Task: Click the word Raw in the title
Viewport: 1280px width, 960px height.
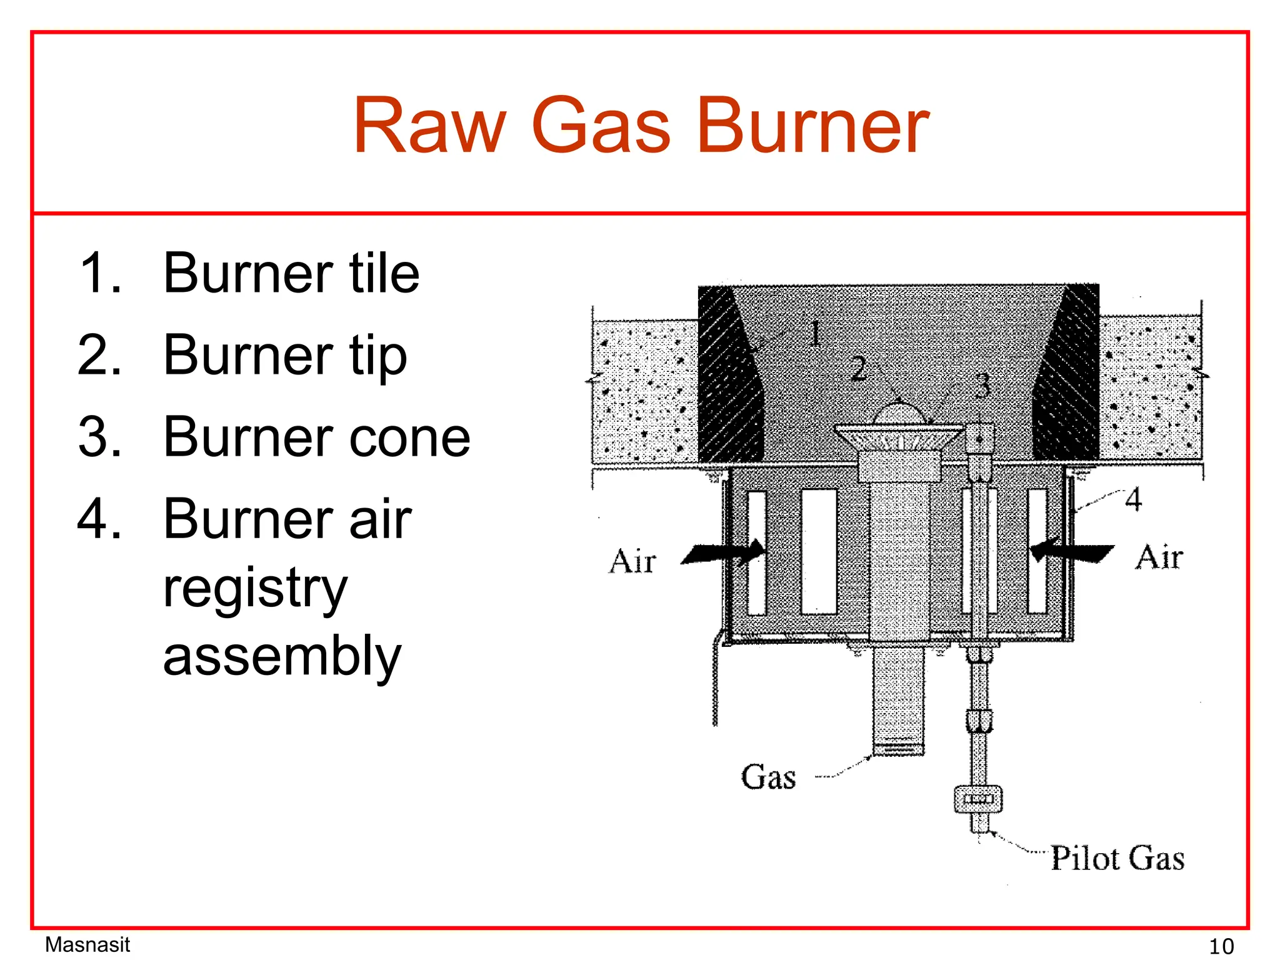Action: coord(429,127)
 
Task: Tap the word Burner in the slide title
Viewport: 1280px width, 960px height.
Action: coord(812,127)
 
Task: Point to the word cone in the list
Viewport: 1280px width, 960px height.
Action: coord(409,437)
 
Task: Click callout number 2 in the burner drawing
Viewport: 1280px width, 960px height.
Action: coord(859,369)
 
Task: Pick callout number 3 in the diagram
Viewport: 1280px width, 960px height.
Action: coord(982,385)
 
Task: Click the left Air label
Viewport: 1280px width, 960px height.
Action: coord(632,561)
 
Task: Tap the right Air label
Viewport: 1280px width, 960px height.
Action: coord(1159,557)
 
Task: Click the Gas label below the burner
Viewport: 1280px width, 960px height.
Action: coord(768,777)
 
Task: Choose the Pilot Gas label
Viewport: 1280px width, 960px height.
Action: coord(1117,858)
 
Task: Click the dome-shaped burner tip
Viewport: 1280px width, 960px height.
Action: coord(899,416)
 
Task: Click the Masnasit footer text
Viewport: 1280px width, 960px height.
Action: coord(87,944)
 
